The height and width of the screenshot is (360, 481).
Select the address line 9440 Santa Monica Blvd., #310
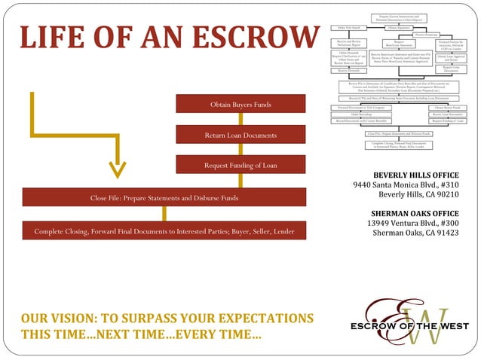(406, 185)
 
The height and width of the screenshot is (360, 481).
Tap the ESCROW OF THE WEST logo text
(410, 326)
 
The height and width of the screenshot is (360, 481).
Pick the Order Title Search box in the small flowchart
(349, 28)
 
